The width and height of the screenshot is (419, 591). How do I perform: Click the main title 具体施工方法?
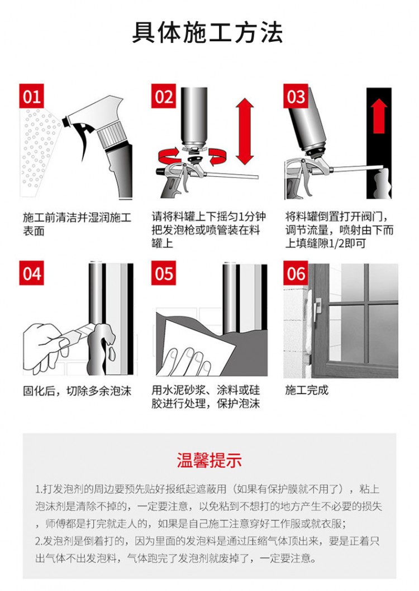coord(208,33)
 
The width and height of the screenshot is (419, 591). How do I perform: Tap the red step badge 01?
coord(32,97)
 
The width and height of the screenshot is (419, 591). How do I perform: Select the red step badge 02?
coord(164,97)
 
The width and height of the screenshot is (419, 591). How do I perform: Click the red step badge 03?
coord(296,97)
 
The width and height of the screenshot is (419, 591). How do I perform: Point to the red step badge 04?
coord(32,273)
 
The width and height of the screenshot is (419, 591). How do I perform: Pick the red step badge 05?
coord(164,273)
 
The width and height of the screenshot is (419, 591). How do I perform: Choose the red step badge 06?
coord(296,273)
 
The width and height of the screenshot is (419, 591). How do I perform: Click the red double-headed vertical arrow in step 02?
coord(245,131)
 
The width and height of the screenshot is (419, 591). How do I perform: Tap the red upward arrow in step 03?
coord(380,116)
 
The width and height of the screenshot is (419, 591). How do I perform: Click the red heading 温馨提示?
coord(209,460)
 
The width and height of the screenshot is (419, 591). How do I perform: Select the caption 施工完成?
coord(307,390)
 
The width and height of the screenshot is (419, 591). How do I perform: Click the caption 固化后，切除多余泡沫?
coord(77,390)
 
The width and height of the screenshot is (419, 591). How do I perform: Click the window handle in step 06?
coord(317,306)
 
